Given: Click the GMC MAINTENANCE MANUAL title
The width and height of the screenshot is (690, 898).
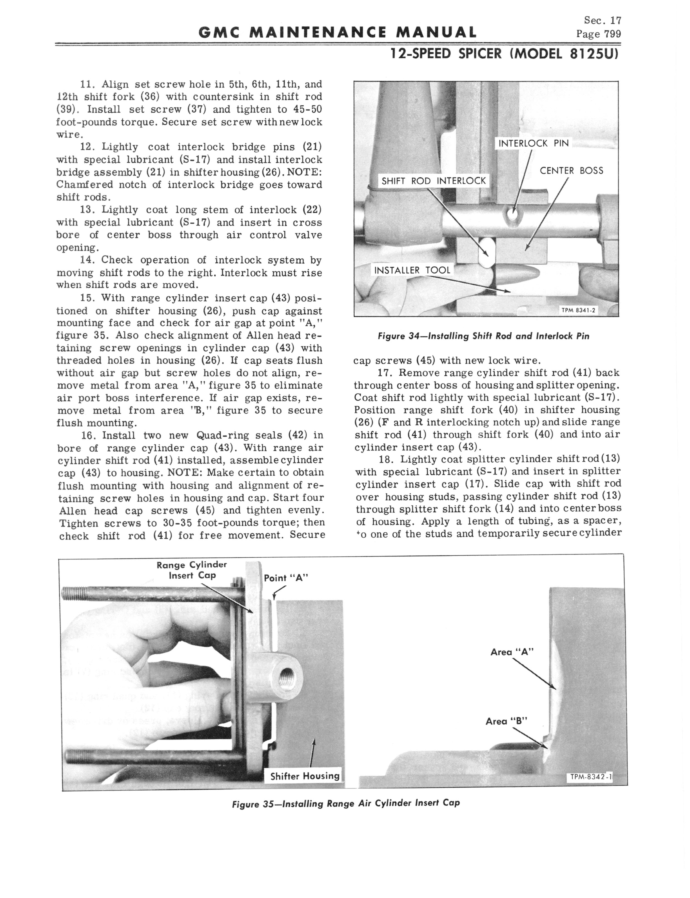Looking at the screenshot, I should pyautogui.click(x=337, y=32).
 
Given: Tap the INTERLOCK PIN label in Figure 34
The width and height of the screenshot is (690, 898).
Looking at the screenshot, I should pyautogui.click(x=533, y=143).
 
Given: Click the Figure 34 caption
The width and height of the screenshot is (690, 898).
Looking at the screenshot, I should pyautogui.click(x=483, y=336).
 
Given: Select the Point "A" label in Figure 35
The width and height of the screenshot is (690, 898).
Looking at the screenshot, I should pyautogui.click(x=286, y=578).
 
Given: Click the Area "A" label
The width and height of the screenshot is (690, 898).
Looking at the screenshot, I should pyautogui.click(x=512, y=652).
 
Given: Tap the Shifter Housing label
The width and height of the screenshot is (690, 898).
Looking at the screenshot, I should pyautogui.click(x=305, y=776).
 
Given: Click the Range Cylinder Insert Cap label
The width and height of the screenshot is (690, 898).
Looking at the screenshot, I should pyautogui.click(x=192, y=570).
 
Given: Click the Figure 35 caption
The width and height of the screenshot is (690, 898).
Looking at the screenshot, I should pyautogui.click(x=346, y=803).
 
